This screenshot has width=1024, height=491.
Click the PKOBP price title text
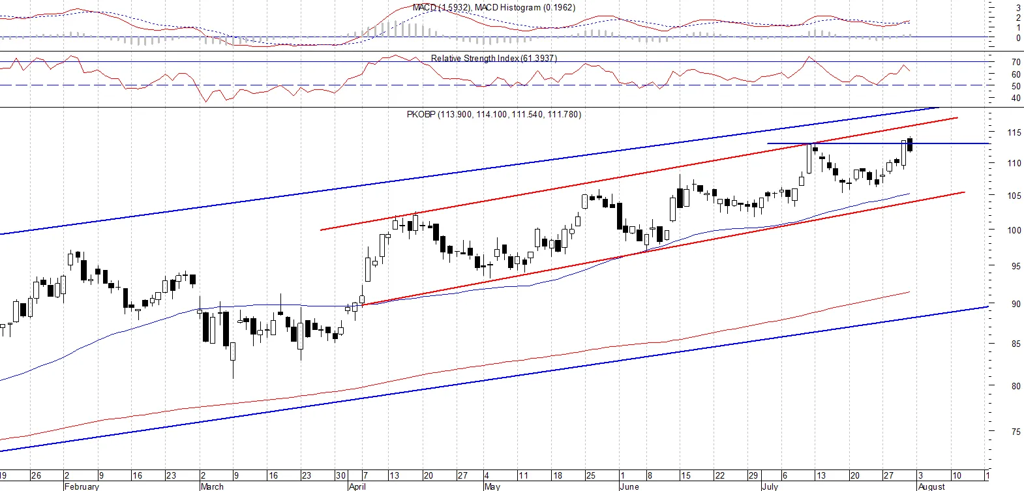pyautogui.click(x=494, y=114)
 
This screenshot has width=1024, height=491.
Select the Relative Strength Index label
pyautogui.click(x=494, y=58)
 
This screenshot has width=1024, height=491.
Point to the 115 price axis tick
pyautogui.click(x=1014, y=132)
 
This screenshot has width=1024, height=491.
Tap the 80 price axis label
pyautogui.click(x=1016, y=386)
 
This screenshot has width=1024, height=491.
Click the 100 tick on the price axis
pyautogui.click(x=1014, y=230)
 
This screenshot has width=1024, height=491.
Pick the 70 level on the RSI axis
pyautogui.click(x=1016, y=62)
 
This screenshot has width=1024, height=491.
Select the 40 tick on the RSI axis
pyautogui.click(x=1016, y=98)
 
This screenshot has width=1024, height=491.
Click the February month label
pyautogui.click(x=82, y=486)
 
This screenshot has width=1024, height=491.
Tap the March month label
pyautogui.click(x=212, y=486)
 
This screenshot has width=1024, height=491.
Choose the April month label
pyautogui.click(x=357, y=486)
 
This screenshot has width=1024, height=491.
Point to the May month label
pyautogui.click(x=492, y=486)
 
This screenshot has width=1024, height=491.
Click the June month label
pyautogui.click(x=629, y=486)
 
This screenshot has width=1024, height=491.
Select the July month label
pyautogui.click(x=770, y=486)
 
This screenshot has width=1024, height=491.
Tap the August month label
pyautogui.click(x=931, y=486)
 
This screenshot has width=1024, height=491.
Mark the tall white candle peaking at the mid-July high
pyautogui.click(x=809, y=158)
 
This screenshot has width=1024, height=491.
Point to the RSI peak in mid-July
pyautogui.click(x=809, y=57)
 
